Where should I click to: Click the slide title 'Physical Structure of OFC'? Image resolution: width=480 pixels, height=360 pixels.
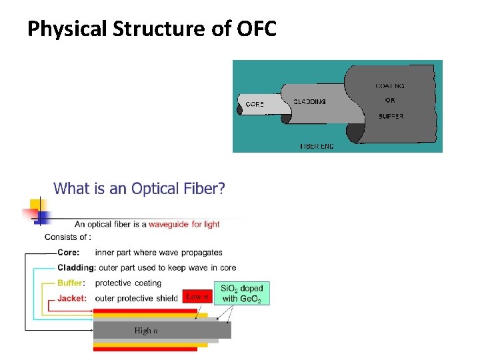(x=152, y=29)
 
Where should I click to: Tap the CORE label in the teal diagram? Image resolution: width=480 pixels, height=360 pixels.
(x=255, y=104)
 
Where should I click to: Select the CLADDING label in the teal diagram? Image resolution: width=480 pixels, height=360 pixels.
(x=309, y=102)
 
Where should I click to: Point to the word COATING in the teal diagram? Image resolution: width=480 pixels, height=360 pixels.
(x=389, y=86)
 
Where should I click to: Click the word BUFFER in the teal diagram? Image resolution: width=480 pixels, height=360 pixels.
(x=390, y=116)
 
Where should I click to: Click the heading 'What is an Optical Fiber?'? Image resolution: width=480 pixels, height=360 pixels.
(x=139, y=189)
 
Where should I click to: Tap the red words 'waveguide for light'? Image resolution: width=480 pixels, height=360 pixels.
(x=184, y=224)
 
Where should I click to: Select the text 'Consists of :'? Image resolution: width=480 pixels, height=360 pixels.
(x=68, y=237)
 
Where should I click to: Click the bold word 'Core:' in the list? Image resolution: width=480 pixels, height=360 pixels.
(x=69, y=253)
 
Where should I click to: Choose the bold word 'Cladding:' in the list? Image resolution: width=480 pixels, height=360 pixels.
(x=77, y=268)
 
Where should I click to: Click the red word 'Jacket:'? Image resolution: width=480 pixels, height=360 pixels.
(x=72, y=298)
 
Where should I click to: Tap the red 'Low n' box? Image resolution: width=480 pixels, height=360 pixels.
(x=197, y=297)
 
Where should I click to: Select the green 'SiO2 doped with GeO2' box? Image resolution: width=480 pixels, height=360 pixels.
(x=242, y=293)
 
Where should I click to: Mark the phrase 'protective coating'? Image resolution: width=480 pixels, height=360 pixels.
(x=129, y=283)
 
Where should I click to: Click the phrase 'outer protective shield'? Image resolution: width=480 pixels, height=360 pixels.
(x=137, y=298)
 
